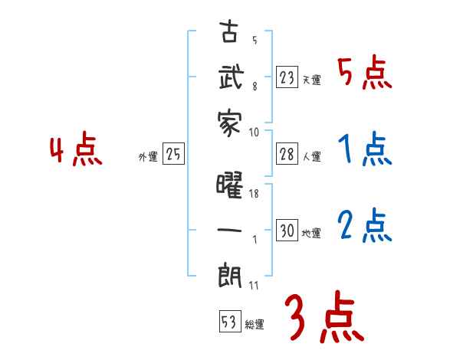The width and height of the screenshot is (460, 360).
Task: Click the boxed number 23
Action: pos(287,77)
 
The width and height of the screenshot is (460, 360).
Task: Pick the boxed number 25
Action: pos(173,155)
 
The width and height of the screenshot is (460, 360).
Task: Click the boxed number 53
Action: pos(228,322)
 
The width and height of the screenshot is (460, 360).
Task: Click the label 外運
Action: pos(147,157)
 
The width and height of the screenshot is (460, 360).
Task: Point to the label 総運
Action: pos(255,325)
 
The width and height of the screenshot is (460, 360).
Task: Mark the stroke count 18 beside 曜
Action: pos(255,195)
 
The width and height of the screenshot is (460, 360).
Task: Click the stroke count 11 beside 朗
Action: pos(254,285)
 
